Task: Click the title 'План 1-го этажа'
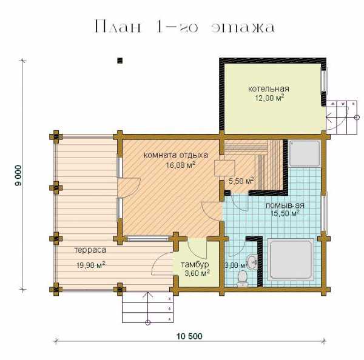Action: pyautogui.click(x=185, y=27)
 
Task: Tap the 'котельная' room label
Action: pyautogui.click(x=269, y=89)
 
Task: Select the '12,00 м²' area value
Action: pyautogui.click(x=269, y=98)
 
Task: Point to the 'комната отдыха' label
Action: pyautogui.click(x=176, y=155)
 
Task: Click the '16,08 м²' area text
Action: pyautogui.click(x=180, y=165)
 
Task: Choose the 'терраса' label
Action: pyautogui.click(x=90, y=250)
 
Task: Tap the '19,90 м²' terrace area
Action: pyautogui.click(x=91, y=265)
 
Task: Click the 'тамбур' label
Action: pyautogui.click(x=195, y=265)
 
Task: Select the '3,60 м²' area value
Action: pyautogui.click(x=197, y=273)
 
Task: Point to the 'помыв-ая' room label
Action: pyautogui.click(x=285, y=205)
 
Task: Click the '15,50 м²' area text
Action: pyautogui.click(x=285, y=213)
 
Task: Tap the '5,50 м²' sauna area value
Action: pyautogui.click(x=241, y=181)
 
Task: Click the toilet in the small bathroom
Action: pyautogui.click(x=242, y=278)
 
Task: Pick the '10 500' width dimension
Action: pyautogui.click(x=189, y=336)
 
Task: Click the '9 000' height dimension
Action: pyautogui.click(x=18, y=175)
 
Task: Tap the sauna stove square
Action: pyautogui.click(x=224, y=168)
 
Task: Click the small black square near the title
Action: pyautogui.click(x=120, y=61)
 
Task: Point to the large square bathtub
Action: pyautogui.click(x=291, y=259)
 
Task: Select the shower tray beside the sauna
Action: pyautogui.click(x=305, y=153)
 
